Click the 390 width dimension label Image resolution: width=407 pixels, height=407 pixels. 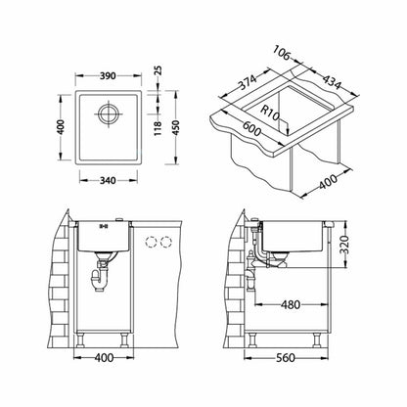108,75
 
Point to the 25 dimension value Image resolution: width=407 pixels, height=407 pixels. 158,70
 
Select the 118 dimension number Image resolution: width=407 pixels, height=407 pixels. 158,128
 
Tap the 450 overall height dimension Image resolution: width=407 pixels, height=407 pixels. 175,128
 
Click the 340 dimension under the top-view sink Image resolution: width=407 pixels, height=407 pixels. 108,180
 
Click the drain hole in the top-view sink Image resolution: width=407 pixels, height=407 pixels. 108,114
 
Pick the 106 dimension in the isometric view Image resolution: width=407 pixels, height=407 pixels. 282,53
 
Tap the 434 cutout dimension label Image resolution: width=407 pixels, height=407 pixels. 333,81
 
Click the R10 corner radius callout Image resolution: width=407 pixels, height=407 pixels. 270,113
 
